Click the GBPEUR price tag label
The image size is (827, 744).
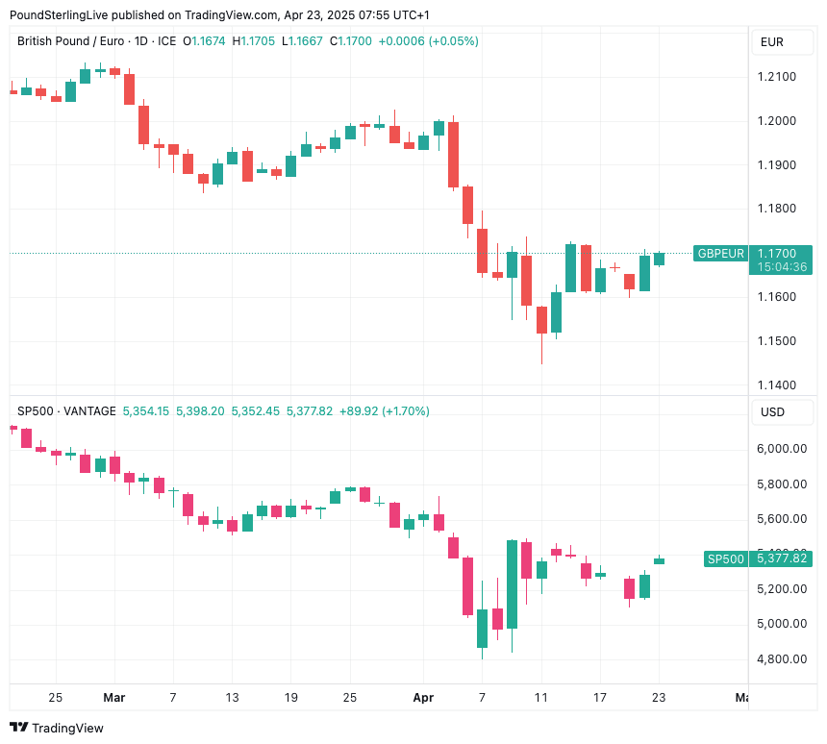[x=721, y=253]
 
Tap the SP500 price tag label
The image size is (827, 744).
[x=725, y=558]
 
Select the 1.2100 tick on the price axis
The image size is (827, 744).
[x=776, y=77]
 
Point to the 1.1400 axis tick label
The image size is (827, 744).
[x=776, y=384]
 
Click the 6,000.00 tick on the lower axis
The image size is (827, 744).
[x=782, y=449]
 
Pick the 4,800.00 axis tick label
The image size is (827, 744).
[x=782, y=659]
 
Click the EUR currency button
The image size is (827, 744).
[x=772, y=42]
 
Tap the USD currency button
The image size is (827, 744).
[x=772, y=412]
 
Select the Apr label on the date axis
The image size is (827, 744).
[x=423, y=697]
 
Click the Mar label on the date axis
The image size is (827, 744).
[x=114, y=697]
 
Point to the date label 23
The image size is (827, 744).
[x=659, y=697]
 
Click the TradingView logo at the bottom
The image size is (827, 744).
[x=57, y=728]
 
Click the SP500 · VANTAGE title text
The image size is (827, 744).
[x=66, y=410]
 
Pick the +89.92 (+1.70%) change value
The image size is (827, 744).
[x=385, y=410]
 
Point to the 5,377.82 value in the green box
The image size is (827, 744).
[x=782, y=558]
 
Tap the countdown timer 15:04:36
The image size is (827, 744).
[x=782, y=267]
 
